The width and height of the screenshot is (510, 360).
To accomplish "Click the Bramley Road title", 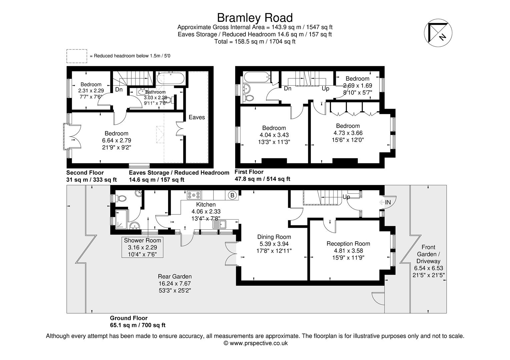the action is (255, 18).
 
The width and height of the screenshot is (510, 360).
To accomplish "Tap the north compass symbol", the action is (438, 33).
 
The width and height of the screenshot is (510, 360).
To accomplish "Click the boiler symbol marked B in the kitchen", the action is (232, 195).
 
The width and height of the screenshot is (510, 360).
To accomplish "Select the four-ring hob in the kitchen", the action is (194, 195).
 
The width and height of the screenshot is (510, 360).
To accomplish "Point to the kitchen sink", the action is (219, 225).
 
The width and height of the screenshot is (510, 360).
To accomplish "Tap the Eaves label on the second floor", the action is (197, 117).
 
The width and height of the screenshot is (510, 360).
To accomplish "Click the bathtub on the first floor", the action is (257, 78).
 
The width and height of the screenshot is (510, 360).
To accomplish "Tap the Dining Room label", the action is (274, 237).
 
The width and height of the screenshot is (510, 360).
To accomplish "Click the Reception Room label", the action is (348, 243).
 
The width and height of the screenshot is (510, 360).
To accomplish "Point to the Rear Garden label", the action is (175, 276).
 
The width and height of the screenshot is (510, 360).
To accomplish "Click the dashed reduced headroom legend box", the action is (77, 56).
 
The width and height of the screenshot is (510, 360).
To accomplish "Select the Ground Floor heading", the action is (129, 318).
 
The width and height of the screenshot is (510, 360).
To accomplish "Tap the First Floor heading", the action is (249, 172).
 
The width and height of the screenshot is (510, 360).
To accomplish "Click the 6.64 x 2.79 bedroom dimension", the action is (116, 140).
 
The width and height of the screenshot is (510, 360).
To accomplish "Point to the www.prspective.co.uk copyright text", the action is (256, 343).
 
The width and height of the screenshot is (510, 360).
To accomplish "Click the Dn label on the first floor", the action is (288, 88).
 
